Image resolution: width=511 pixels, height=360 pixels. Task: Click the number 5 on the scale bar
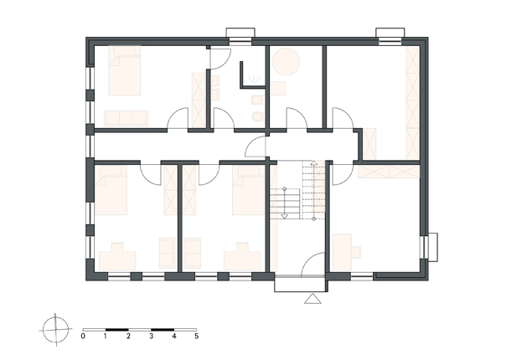coord(197,336)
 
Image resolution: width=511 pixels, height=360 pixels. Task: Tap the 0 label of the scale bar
coord(83,336)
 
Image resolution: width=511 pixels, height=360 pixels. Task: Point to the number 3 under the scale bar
coord(152,336)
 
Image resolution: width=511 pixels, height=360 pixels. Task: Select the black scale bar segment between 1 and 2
coord(117,330)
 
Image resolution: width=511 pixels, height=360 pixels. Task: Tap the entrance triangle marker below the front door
coord(312,298)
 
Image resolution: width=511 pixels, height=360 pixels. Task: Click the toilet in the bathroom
coord(258,116)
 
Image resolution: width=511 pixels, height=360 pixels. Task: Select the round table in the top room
coord(286,61)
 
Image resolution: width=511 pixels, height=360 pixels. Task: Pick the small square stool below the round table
coord(278,88)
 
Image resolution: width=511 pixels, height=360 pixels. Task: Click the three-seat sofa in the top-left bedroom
coord(126,118)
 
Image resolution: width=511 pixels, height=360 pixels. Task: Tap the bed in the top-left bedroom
coord(125,70)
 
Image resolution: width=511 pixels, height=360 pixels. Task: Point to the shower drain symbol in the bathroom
coord(253,79)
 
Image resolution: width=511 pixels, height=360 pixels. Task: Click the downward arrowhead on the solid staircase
coord(285,216)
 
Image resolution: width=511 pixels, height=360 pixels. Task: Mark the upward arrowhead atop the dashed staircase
coord(313,163)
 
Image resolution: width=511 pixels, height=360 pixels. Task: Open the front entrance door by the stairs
coord(312,265)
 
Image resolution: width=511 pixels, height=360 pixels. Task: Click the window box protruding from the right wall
coord(433,247)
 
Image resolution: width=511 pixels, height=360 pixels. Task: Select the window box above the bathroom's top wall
coord(240,33)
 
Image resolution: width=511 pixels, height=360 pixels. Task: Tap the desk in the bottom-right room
coord(342,252)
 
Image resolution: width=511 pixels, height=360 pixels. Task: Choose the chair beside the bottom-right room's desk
coord(356,252)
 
